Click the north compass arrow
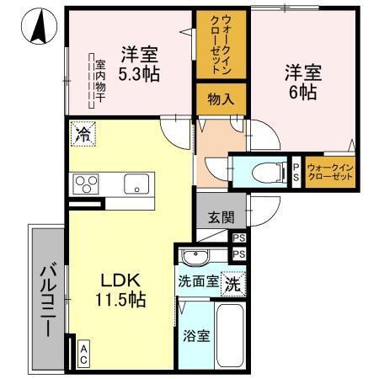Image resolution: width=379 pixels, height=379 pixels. point(37,28)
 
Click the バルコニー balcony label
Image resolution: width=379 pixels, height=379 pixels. point(47,296)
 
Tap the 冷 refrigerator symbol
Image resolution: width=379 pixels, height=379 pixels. point(83,133)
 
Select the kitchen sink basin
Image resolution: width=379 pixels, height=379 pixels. point(136,184)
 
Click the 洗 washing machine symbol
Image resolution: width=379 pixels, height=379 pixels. point(233,284)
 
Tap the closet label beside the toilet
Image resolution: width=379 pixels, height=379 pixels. point(330,173)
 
